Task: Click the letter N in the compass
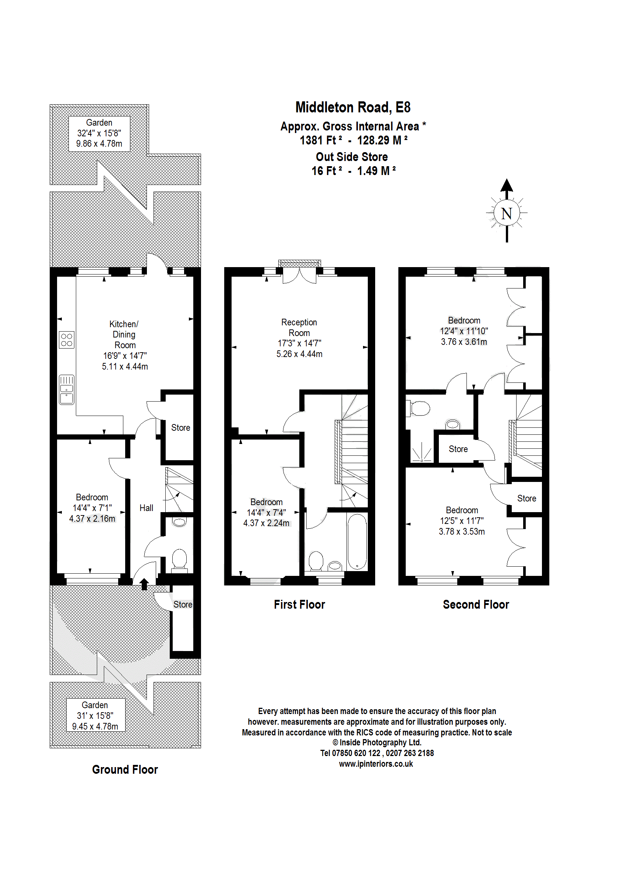(506, 214)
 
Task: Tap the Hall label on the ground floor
(146, 508)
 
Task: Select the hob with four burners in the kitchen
(66, 340)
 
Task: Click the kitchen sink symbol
(66, 389)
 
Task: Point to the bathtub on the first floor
(357, 542)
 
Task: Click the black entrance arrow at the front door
(144, 584)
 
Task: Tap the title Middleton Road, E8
(353, 107)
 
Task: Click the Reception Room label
(299, 328)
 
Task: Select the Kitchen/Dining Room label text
(124, 334)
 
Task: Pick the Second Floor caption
(476, 604)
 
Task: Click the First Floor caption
(299, 604)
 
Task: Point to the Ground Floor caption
(125, 769)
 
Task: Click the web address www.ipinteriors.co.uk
(376, 764)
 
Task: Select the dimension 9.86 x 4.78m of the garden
(99, 144)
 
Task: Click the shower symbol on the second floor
(422, 452)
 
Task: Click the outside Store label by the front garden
(183, 604)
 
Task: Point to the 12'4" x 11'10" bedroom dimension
(464, 331)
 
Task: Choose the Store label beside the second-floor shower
(458, 449)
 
